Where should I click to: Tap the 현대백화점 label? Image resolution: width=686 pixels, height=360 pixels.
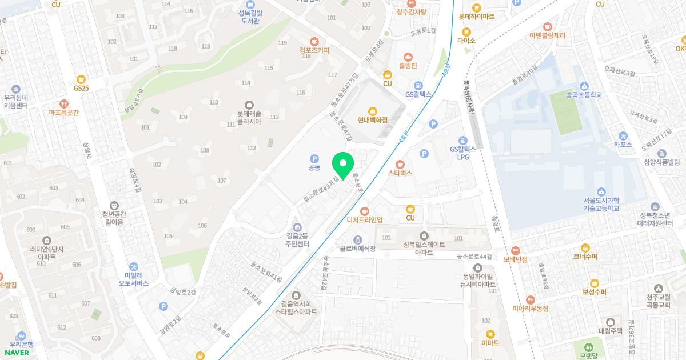click(x=373, y=120)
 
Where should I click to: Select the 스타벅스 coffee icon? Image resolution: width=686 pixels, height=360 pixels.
click(x=400, y=164)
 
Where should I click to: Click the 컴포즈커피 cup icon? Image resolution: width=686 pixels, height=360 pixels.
click(x=314, y=41)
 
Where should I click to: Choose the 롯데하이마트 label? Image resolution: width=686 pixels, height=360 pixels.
click(x=476, y=17)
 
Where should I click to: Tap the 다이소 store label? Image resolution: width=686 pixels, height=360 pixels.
click(x=466, y=41)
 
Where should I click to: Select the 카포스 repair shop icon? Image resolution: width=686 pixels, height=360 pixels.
click(x=623, y=135)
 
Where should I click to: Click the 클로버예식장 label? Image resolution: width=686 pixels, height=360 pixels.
click(x=358, y=249)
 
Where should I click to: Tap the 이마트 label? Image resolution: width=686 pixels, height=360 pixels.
click(x=490, y=343)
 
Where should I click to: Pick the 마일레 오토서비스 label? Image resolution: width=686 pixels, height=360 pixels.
click(x=133, y=279)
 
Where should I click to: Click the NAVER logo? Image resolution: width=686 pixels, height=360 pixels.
click(x=17, y=353)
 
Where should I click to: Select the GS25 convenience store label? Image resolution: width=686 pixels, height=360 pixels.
click(x=81, y=88)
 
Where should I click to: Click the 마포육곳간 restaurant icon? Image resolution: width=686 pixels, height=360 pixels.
click(x=64, y=104)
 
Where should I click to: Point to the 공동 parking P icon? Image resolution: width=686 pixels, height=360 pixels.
click(x=314, y=158)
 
